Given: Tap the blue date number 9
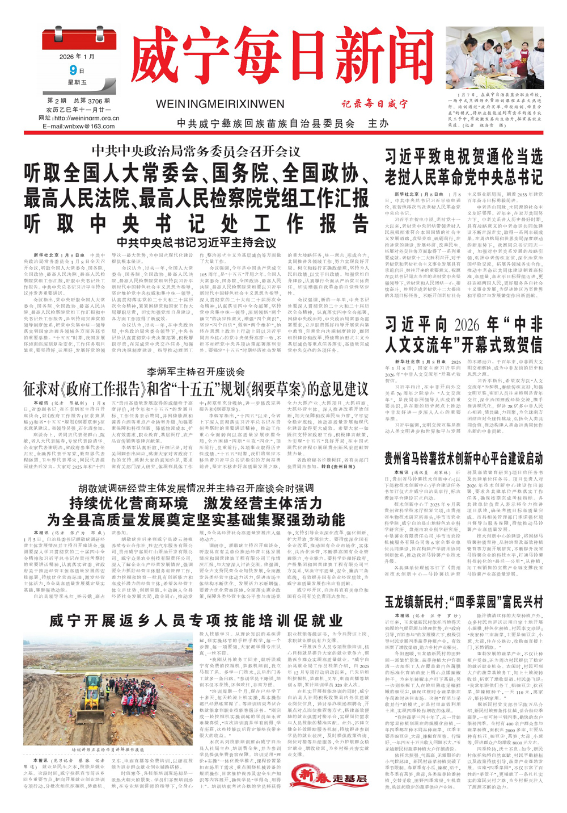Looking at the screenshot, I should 73,70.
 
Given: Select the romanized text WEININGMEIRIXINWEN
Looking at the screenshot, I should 219,104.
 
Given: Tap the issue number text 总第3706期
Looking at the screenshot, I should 91,100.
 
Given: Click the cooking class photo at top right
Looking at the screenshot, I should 494,57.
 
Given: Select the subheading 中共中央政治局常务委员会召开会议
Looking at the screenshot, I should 196,152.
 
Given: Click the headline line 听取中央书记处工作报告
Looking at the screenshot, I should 196,224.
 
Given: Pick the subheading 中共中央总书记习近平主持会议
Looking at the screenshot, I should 196,243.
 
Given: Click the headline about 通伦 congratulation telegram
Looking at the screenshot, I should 464,166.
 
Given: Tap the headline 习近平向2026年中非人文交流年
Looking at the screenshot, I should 464,334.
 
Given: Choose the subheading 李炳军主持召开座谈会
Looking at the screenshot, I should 196,372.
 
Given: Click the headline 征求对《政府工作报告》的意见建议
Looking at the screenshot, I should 196,389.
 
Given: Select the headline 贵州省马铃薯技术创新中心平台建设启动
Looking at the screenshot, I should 464,458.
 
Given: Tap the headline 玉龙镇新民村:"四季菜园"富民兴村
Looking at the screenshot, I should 464,602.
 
